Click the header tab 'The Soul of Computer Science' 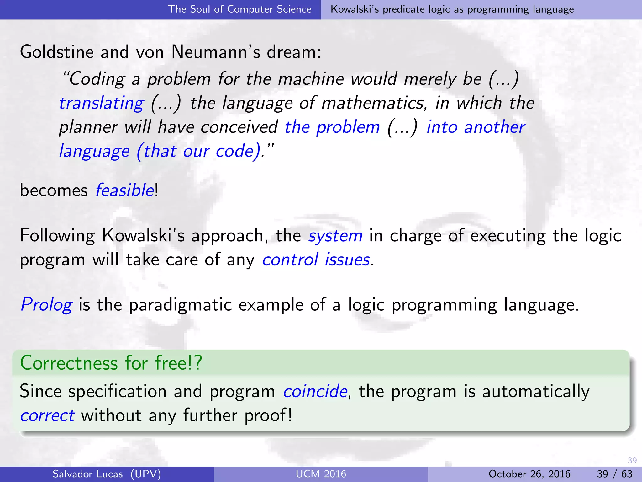pyautogui.click(x=240, y=9)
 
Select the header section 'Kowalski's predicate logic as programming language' pyautogui.click(x=452, y=9)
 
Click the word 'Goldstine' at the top pyautogui.click(x=57, y=52)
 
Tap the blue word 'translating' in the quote pyautogui.click(x=101, y=103)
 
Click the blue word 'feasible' pyautogui.click(x=124, y=190)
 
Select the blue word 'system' pyautogui.click(x=335, y=236)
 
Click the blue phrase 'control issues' pyautogui.click(x=316, y=260)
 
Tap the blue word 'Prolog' pyautogui.click(x=46, y=305)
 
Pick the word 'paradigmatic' pyautogui.click(x=181, y=305)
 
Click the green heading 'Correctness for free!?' pyautogui.click(x=111, y=363)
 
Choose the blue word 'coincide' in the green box pyautogui.click(x=315, y=391)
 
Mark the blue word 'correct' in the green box pyautogui.click(x=47, y=415)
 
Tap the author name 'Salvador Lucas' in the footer pyautogui.click(x=87, y=474)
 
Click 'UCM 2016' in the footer pyautogui.click(x=321, y=474)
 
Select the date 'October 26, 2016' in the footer pyautogui.click(x=529, y=474)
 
